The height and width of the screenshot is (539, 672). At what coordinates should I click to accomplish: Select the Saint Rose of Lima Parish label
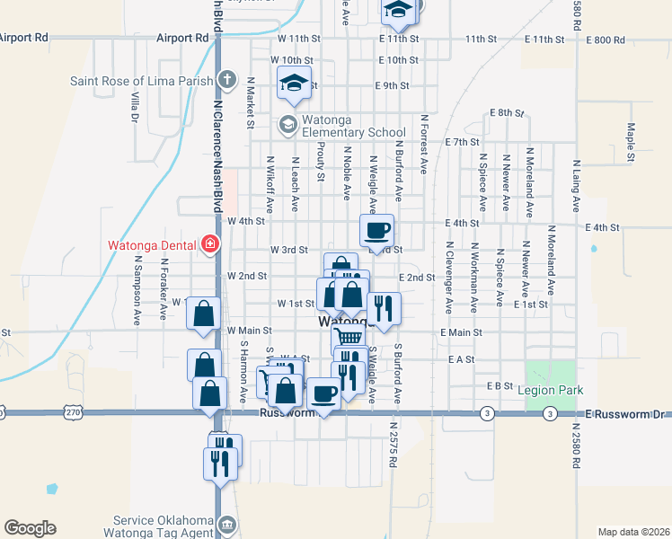(x=140, y=81)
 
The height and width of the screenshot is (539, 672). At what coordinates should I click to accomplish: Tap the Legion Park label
(x=551, y=390)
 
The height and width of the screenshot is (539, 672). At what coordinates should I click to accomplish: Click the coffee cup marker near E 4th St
(x=376, y=230)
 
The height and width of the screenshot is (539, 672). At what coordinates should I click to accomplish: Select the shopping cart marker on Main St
(x=348, y=337)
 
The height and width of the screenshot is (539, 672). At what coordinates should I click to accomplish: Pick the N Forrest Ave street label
(x=422, y=144)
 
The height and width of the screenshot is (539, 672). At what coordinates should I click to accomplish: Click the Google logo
(x=30, y=528)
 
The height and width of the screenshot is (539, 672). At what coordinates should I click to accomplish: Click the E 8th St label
(x=507, y=112)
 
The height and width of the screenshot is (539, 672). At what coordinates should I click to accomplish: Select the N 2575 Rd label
(x=393, y=445)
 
